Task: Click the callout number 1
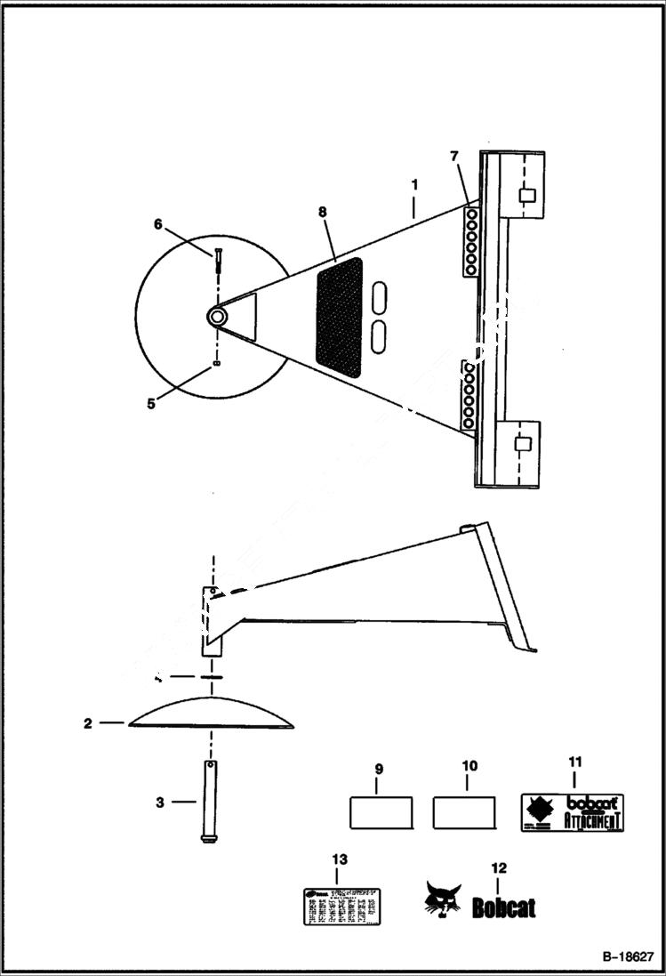point(413,187)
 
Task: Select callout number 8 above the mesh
point(322,212)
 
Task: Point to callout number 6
point(158,224)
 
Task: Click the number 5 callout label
point(151,402)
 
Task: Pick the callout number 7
point(454,157)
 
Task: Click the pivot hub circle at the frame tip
point(216,316)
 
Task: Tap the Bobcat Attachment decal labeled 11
point(571,811)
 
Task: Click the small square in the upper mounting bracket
point(526,196)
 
